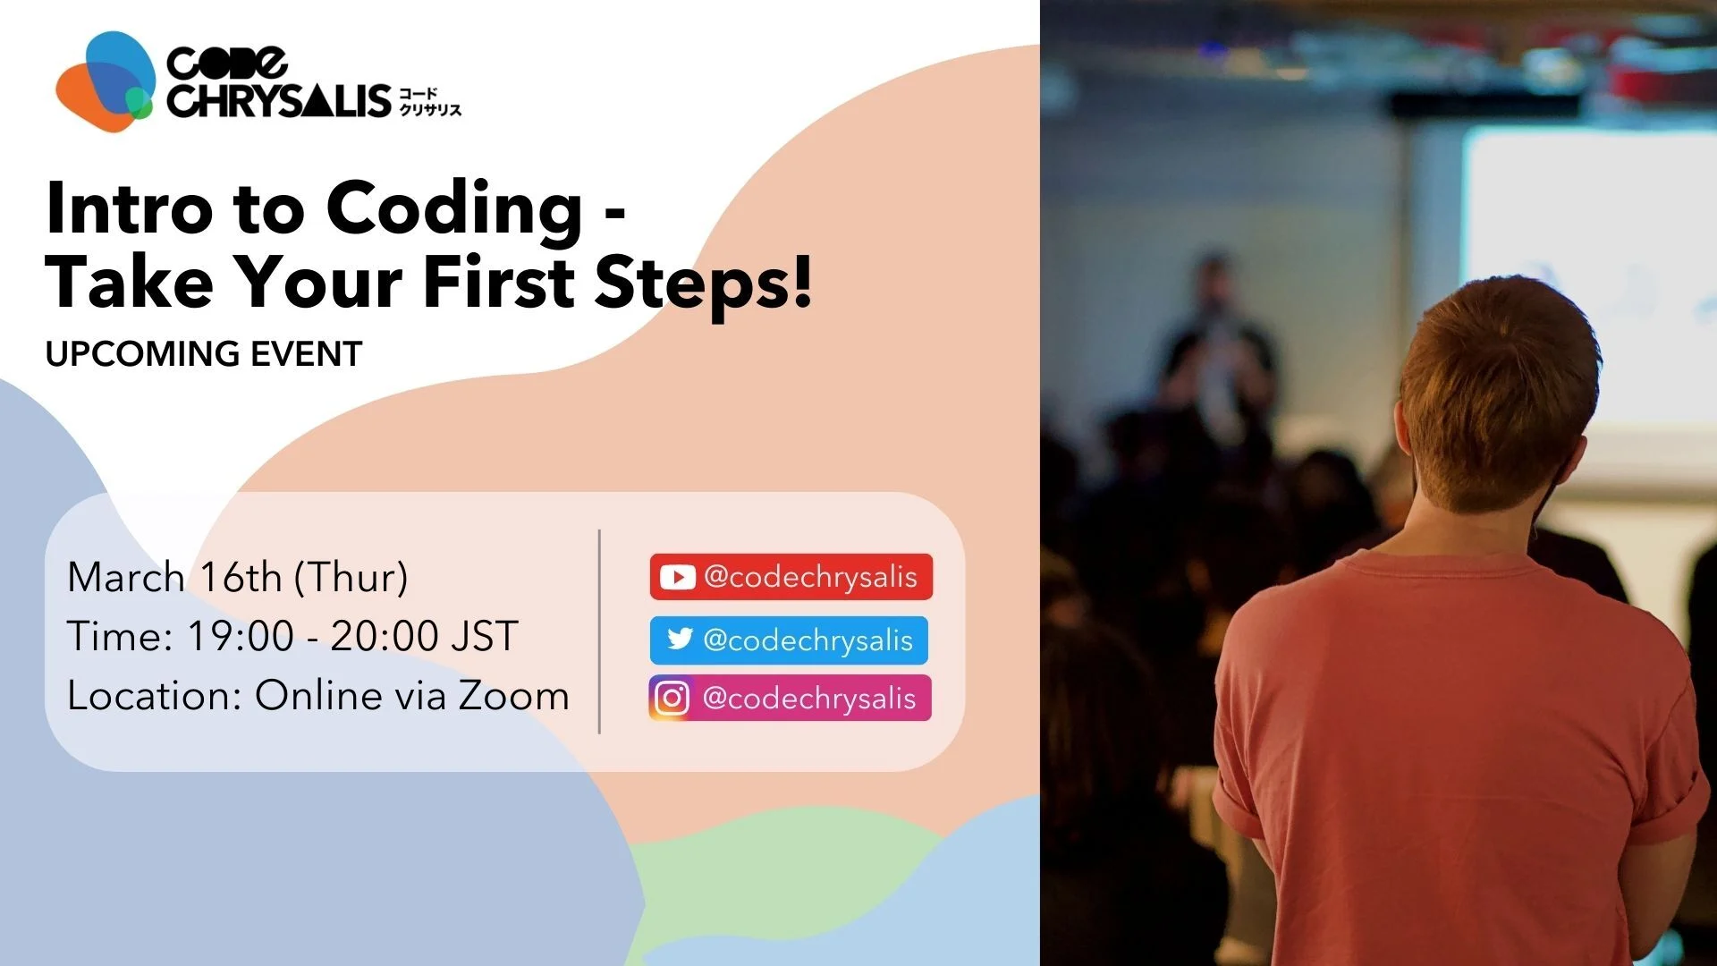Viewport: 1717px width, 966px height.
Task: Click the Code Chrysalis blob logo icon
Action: click(106, 81)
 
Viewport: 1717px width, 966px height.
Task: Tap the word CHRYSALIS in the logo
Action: click(279, 99)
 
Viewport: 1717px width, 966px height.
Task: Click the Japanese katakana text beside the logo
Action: click(430, 101)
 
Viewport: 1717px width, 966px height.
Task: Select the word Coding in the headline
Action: click(454, 211)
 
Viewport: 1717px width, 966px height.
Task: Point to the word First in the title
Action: click(499, 281)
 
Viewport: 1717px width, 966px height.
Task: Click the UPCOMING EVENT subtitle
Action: click(204, 354)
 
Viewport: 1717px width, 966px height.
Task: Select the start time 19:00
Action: click(241, 637)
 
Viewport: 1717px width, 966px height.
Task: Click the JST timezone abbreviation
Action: click(485, 637)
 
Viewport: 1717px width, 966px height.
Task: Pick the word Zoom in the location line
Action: click(514, 696)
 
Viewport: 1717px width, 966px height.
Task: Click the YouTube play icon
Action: click(677, 577)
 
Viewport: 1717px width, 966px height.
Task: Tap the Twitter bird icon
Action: click(680, 639)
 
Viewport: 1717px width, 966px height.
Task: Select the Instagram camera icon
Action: click(672, 699)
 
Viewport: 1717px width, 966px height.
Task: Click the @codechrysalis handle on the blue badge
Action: click(808, 640)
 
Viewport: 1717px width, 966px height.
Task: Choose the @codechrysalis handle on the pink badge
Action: click(809, 699)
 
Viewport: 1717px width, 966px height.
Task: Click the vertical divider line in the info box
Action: click(599, 631)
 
